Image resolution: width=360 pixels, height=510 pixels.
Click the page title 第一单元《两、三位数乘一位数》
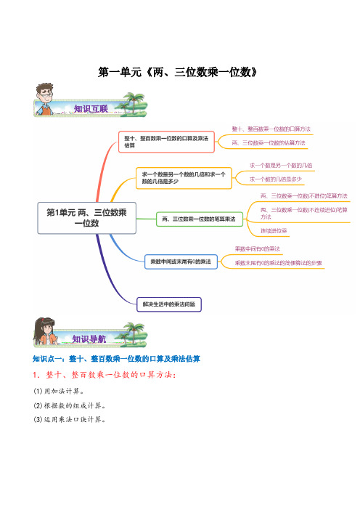[177, 72]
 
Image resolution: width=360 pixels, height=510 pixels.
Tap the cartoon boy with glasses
[44, 99]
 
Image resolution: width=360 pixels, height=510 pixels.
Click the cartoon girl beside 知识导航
[45, 331]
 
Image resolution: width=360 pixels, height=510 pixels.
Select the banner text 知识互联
[91, 109]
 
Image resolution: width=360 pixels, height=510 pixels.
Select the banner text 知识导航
[89, 339]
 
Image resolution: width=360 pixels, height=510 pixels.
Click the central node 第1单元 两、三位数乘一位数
[87, 218]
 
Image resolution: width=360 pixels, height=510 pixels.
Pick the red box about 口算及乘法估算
[166, 142]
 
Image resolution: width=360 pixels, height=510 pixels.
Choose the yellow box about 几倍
[184, 178]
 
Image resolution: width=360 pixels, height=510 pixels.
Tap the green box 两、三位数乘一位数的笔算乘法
[200, 219]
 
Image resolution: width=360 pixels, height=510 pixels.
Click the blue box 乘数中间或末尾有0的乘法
[181, 262]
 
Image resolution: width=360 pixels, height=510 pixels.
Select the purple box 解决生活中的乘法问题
[169, 304]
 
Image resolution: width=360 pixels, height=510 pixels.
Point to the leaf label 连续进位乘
[274, 231]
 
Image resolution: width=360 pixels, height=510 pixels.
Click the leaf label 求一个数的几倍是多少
[276, 179]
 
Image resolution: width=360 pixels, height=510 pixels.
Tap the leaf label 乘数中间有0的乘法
[258, 249]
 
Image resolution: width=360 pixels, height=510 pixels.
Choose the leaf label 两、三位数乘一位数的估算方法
[269, 143]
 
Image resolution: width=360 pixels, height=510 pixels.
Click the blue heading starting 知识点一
[116, 359]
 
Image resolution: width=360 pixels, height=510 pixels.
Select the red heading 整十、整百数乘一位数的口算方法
[104, 375]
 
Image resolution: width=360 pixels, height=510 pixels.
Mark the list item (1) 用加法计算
[59, 391]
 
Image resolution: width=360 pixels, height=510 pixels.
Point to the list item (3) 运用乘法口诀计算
[70, 419]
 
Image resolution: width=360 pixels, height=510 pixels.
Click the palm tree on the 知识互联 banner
[133, 102]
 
